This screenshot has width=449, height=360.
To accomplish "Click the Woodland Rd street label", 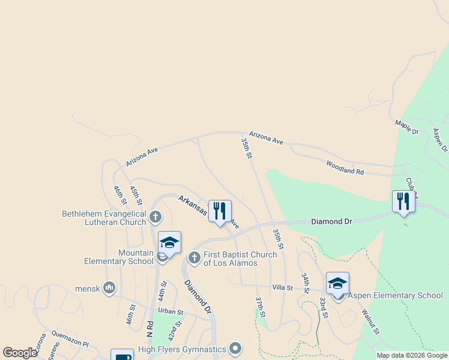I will point(345,167).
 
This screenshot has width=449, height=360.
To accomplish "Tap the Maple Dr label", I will point(406,127).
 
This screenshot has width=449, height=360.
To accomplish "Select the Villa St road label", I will point(282,288).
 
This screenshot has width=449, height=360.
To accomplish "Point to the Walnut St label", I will point(370,322).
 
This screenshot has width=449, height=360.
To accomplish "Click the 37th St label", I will point(260,307).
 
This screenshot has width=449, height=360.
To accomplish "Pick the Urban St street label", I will point(170,311).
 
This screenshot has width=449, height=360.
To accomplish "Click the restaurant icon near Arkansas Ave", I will point(220,211).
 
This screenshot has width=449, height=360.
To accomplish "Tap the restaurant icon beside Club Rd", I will point(403,201).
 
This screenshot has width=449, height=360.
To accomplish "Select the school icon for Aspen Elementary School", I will point(338,283).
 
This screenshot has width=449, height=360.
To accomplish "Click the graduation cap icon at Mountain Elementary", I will point(169,242).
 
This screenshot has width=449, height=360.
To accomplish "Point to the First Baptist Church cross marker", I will point(194,258).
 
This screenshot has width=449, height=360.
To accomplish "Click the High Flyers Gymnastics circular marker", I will point(235,349).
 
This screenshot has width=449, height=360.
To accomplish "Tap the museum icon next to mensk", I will point(109,288).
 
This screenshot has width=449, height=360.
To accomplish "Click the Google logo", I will point(20,353).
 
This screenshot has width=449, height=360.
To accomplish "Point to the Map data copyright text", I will point(412,355).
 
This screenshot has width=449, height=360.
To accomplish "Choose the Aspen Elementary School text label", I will point(396,295).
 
